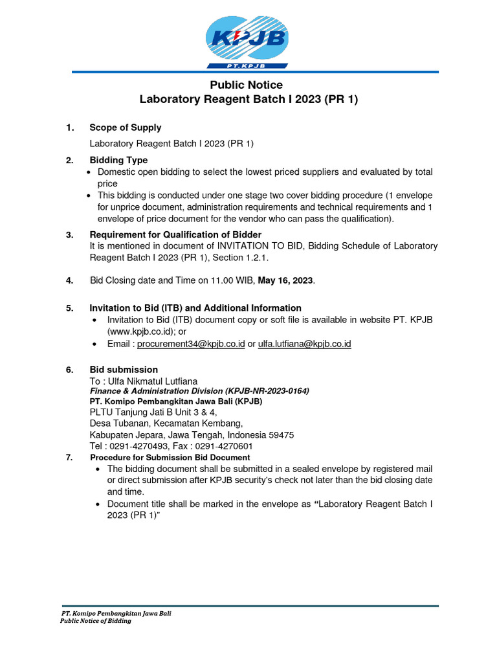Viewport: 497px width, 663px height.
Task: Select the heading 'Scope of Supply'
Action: tap(125, 128)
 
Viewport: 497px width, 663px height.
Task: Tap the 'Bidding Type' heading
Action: tap(118, 160)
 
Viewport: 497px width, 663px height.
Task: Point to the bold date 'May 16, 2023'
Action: tap(285, 280)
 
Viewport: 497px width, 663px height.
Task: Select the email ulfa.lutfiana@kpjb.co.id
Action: tap(304, 344)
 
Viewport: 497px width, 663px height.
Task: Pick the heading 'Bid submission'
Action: tap(124, 370)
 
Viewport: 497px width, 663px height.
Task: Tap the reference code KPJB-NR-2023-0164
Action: tap(267, 391)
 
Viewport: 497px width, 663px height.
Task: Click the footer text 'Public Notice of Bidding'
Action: tap(96, 621)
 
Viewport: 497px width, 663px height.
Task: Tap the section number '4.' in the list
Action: tap(69, 280)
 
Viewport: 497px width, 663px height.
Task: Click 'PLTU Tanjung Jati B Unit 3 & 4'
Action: tap(153, 412)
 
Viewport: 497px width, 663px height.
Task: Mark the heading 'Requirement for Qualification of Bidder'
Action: tap(175, 234)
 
